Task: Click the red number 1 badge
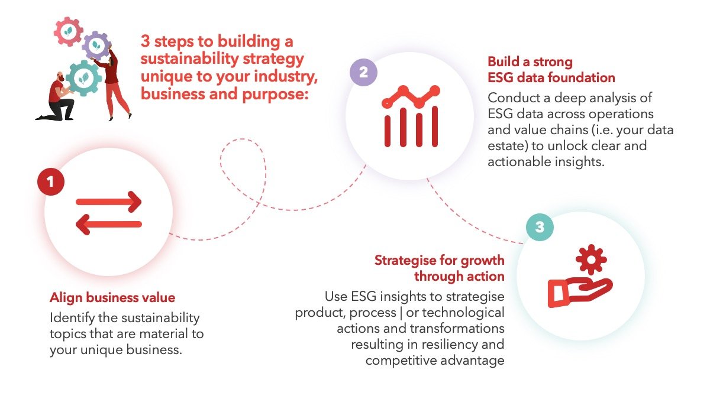click(51, 182)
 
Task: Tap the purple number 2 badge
click(363, 73)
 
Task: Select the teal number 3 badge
click(540, 227)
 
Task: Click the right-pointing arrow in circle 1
click(109, 202)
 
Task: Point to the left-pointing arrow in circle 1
click(109, 225)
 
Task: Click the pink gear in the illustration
click(68, 31)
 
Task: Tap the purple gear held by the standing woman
click(96, 46)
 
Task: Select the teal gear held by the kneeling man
click(83, 78)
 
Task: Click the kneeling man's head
click(60, 77)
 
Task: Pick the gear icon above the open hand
click(591, 259)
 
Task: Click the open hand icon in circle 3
click(580, 292)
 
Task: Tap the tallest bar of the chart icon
click(435, 126)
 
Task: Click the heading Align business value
click(112, 298)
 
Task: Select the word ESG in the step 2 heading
click(500, 77)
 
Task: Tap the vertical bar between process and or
click(401, 313)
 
